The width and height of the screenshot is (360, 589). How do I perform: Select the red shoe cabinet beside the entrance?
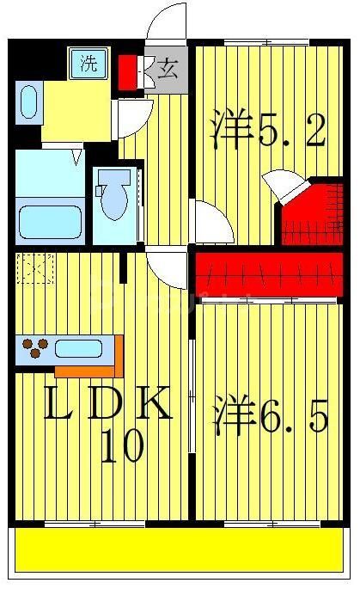coord(128,71)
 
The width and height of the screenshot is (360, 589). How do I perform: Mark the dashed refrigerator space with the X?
coord(34,269)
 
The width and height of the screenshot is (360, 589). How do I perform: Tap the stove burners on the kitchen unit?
coord(35,349)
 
